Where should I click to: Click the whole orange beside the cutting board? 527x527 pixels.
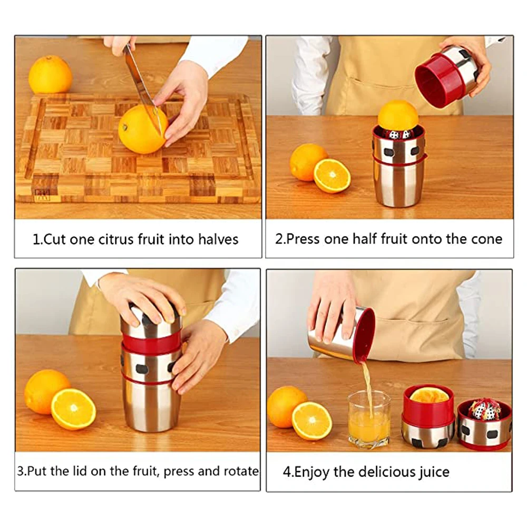pyautogui.click(x=50, y=75)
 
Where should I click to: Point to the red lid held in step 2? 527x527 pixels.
pyautogui.click(x=440, y=81)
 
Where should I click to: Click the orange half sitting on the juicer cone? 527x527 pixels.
pyautogui.click(x=398, y=116)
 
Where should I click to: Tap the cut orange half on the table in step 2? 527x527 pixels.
pyautogui.click(x=332, y=176)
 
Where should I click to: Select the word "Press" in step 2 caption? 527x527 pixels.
pyautogui.click(x=302, y=239)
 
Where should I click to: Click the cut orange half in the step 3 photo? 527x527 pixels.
pyautogui.click(x=73, y=409)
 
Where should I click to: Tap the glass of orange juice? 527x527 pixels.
pyautogui.click(x=369, y=420)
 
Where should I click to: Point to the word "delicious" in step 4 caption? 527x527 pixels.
pyautogui.click(x=386, y=472)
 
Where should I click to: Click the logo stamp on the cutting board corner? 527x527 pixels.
pyautogui.click(x=43, y=195)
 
